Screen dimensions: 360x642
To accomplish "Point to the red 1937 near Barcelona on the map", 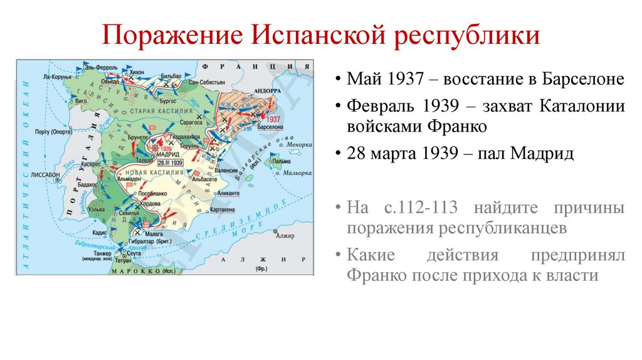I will [x=273, y=119].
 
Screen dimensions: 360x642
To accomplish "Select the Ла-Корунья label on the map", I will [x=58, y=76].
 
